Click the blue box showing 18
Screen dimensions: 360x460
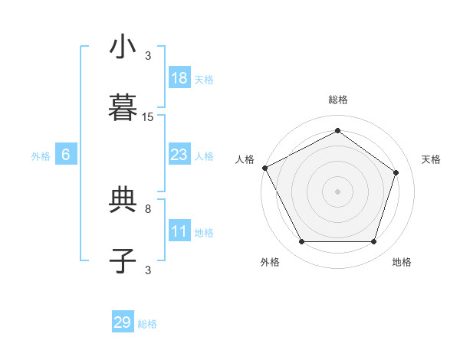[179, 78]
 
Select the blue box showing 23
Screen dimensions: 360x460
[179, 155]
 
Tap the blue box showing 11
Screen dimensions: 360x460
[179, 232]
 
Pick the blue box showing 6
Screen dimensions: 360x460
[66, 155]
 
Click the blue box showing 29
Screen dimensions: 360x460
[123, 322]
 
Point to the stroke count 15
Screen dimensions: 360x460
[148, 117]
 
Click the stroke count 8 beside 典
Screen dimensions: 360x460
[148, 208]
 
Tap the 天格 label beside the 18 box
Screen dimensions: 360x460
[204, 79]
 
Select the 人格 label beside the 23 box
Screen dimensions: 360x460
[204, 156]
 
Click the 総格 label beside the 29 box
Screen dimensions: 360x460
[147, 324]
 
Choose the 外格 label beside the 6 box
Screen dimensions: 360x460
[41, 156]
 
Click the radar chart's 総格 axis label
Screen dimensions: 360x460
[337, 100]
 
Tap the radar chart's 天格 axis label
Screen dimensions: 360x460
[432, 159]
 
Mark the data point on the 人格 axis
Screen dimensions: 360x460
[264, 168]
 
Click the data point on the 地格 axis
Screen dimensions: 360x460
[373, 242]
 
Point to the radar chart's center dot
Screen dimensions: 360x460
[337, 191]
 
